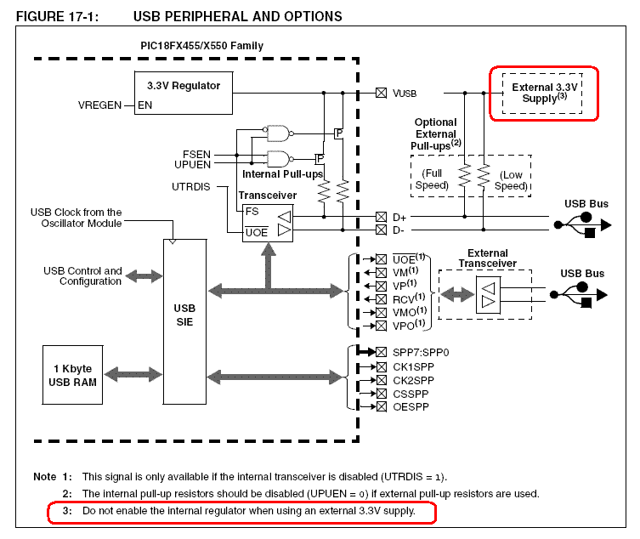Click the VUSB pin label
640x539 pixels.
click(x=405, y=93)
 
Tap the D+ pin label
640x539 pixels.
click(x=399, y=217)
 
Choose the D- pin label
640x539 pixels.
click(x=398, y=230)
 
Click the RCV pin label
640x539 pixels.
click(x=401, y=299)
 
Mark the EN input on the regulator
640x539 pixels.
click(x=146, y=105)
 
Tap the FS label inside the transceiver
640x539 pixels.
click(x=251, y=210)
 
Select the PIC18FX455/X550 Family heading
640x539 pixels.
click(x=201, y=45)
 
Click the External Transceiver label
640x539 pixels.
click(x=488, y=258)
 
